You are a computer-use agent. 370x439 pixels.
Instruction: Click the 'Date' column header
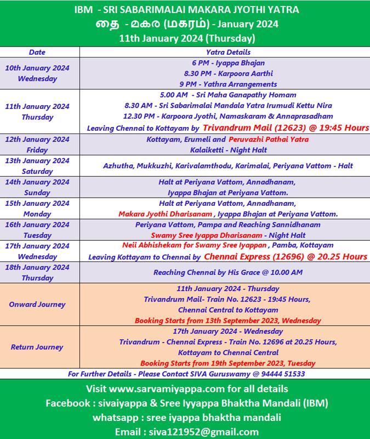pyautogui.click(x=37, y=52)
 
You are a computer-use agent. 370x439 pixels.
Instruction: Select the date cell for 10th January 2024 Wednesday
pyautogui.click(x=37, y=73)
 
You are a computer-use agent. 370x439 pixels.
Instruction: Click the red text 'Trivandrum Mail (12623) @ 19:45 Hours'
pyautogui.click(x=286, y=128)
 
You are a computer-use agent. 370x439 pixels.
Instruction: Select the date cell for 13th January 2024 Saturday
pyautogui.click(x=37, y=166)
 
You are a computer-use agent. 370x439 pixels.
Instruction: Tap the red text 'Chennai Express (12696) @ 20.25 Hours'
pyautogui.click(x=286, y=256)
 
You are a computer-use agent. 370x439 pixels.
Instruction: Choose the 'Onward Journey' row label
pyautogui.click(x=37, y=304)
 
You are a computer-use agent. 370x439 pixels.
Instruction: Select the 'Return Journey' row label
pyautogui.click(x=37, y=346)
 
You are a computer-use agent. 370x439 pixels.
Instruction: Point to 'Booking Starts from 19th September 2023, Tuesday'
pyautogui.click(x=227, y=363)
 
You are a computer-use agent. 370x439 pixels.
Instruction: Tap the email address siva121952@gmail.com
pyautogui.click(x=203, y=431)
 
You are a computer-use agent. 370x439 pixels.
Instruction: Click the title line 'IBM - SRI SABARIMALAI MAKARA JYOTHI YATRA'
pyautogui.click(x=185, y=10)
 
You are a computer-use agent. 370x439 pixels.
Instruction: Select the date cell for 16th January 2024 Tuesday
pyautogui.click(x=37, y=229)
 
